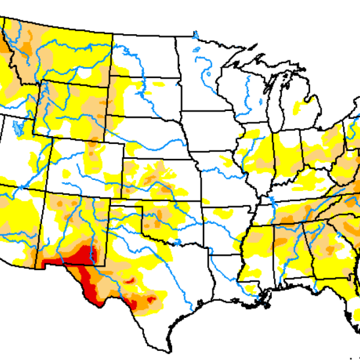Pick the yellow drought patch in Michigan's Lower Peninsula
click(x=300, y=108)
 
